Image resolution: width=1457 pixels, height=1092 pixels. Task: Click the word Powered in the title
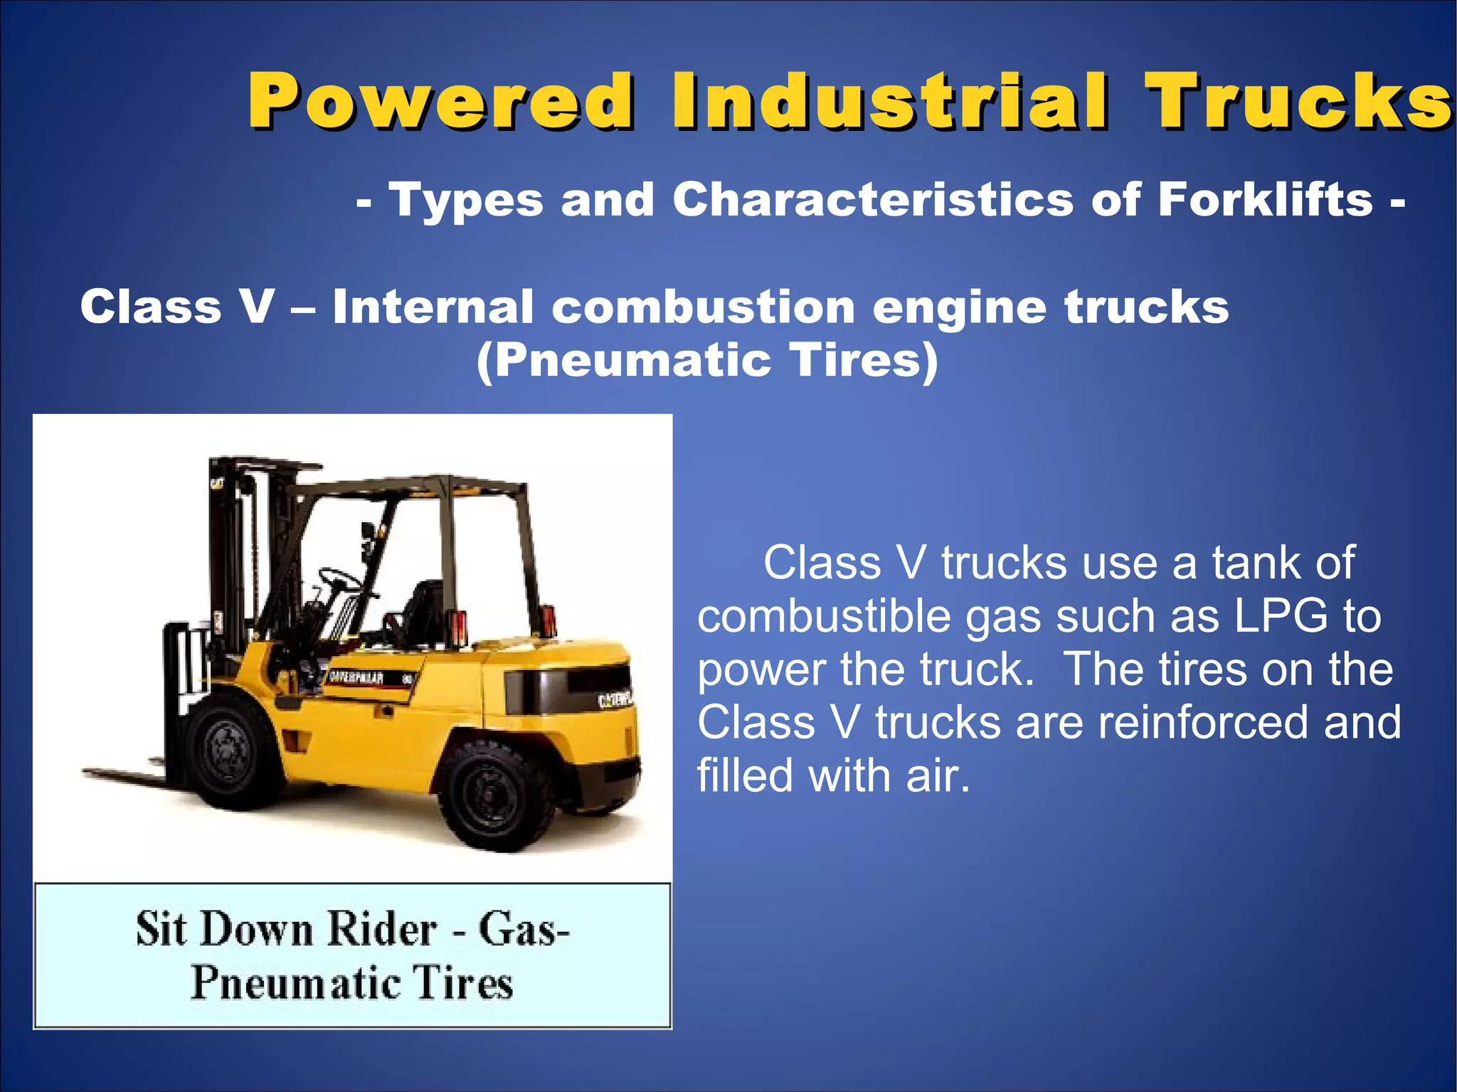point(440,102)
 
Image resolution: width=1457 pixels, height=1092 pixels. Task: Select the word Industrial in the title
point(889,102)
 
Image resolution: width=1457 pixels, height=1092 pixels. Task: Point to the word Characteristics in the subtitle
point(872,199)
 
